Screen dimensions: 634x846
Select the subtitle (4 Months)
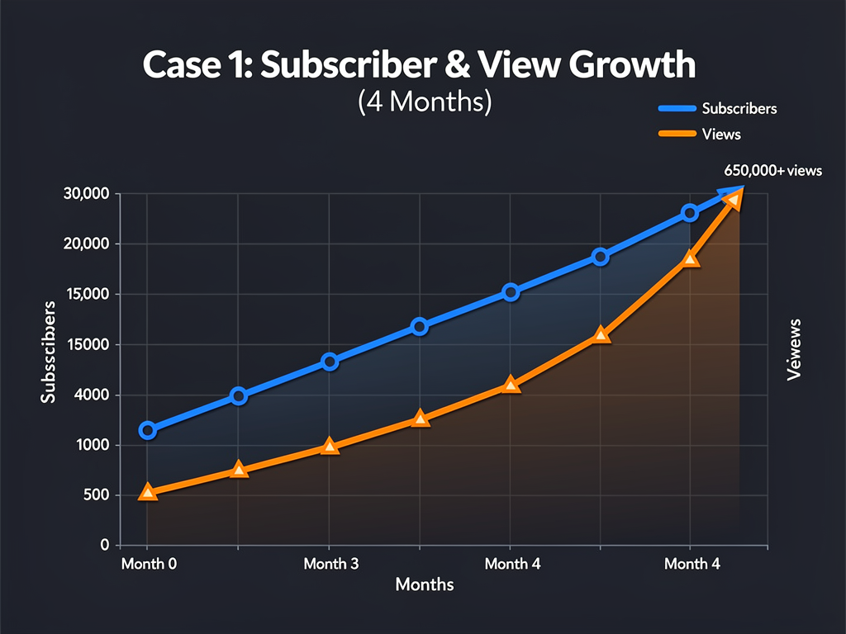[x=425, y=102]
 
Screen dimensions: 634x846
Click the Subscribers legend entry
[x=739, y=108]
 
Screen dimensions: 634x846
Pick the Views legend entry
[x=720, y=134]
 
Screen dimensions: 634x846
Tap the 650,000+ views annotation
[x=773, y=171]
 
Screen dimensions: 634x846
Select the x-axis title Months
[x=425, y=584]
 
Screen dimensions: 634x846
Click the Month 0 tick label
[x=149, y=564]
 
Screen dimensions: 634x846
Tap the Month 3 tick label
[x=330, y=564]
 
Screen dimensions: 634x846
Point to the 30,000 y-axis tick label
[x=86, y=194]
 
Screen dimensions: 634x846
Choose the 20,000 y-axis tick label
[x=86, y=244]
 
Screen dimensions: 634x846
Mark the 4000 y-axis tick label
[x=92, y=395]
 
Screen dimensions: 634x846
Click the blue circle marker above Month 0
[x=148, y=430]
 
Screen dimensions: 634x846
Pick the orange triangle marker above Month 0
[x=148, y=493]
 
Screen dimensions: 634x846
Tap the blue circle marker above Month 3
[x=330, y=362]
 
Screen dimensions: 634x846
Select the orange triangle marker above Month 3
[x=330, y=447]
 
